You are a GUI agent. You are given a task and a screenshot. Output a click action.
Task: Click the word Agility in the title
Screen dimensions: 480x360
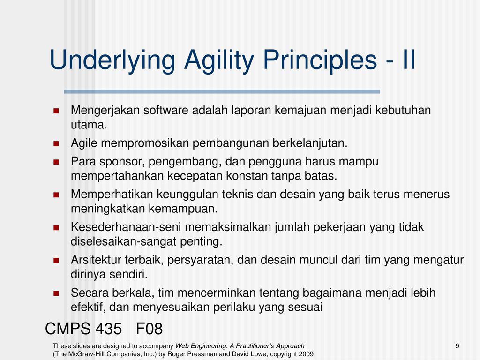point(219,60)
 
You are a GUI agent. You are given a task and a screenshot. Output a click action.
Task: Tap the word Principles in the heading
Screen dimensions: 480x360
point(320,60)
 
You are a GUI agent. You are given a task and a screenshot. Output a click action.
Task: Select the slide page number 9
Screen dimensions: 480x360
point(457,346)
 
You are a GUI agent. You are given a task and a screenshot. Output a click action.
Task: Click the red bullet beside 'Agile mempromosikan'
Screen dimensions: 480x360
point(56,143)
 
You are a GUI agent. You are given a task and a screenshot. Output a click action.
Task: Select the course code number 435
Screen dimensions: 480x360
point(109,329)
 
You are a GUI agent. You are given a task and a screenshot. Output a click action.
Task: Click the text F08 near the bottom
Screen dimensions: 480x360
point(149,329)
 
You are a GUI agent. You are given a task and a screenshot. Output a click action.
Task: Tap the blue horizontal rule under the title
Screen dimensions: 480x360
point(222,91)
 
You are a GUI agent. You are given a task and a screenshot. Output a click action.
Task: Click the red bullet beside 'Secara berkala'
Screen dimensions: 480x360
point(56,293)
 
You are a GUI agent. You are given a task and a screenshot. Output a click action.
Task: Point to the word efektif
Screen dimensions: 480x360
point(88,307)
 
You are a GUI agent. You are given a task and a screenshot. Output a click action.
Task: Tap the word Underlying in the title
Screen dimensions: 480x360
point(112,60)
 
